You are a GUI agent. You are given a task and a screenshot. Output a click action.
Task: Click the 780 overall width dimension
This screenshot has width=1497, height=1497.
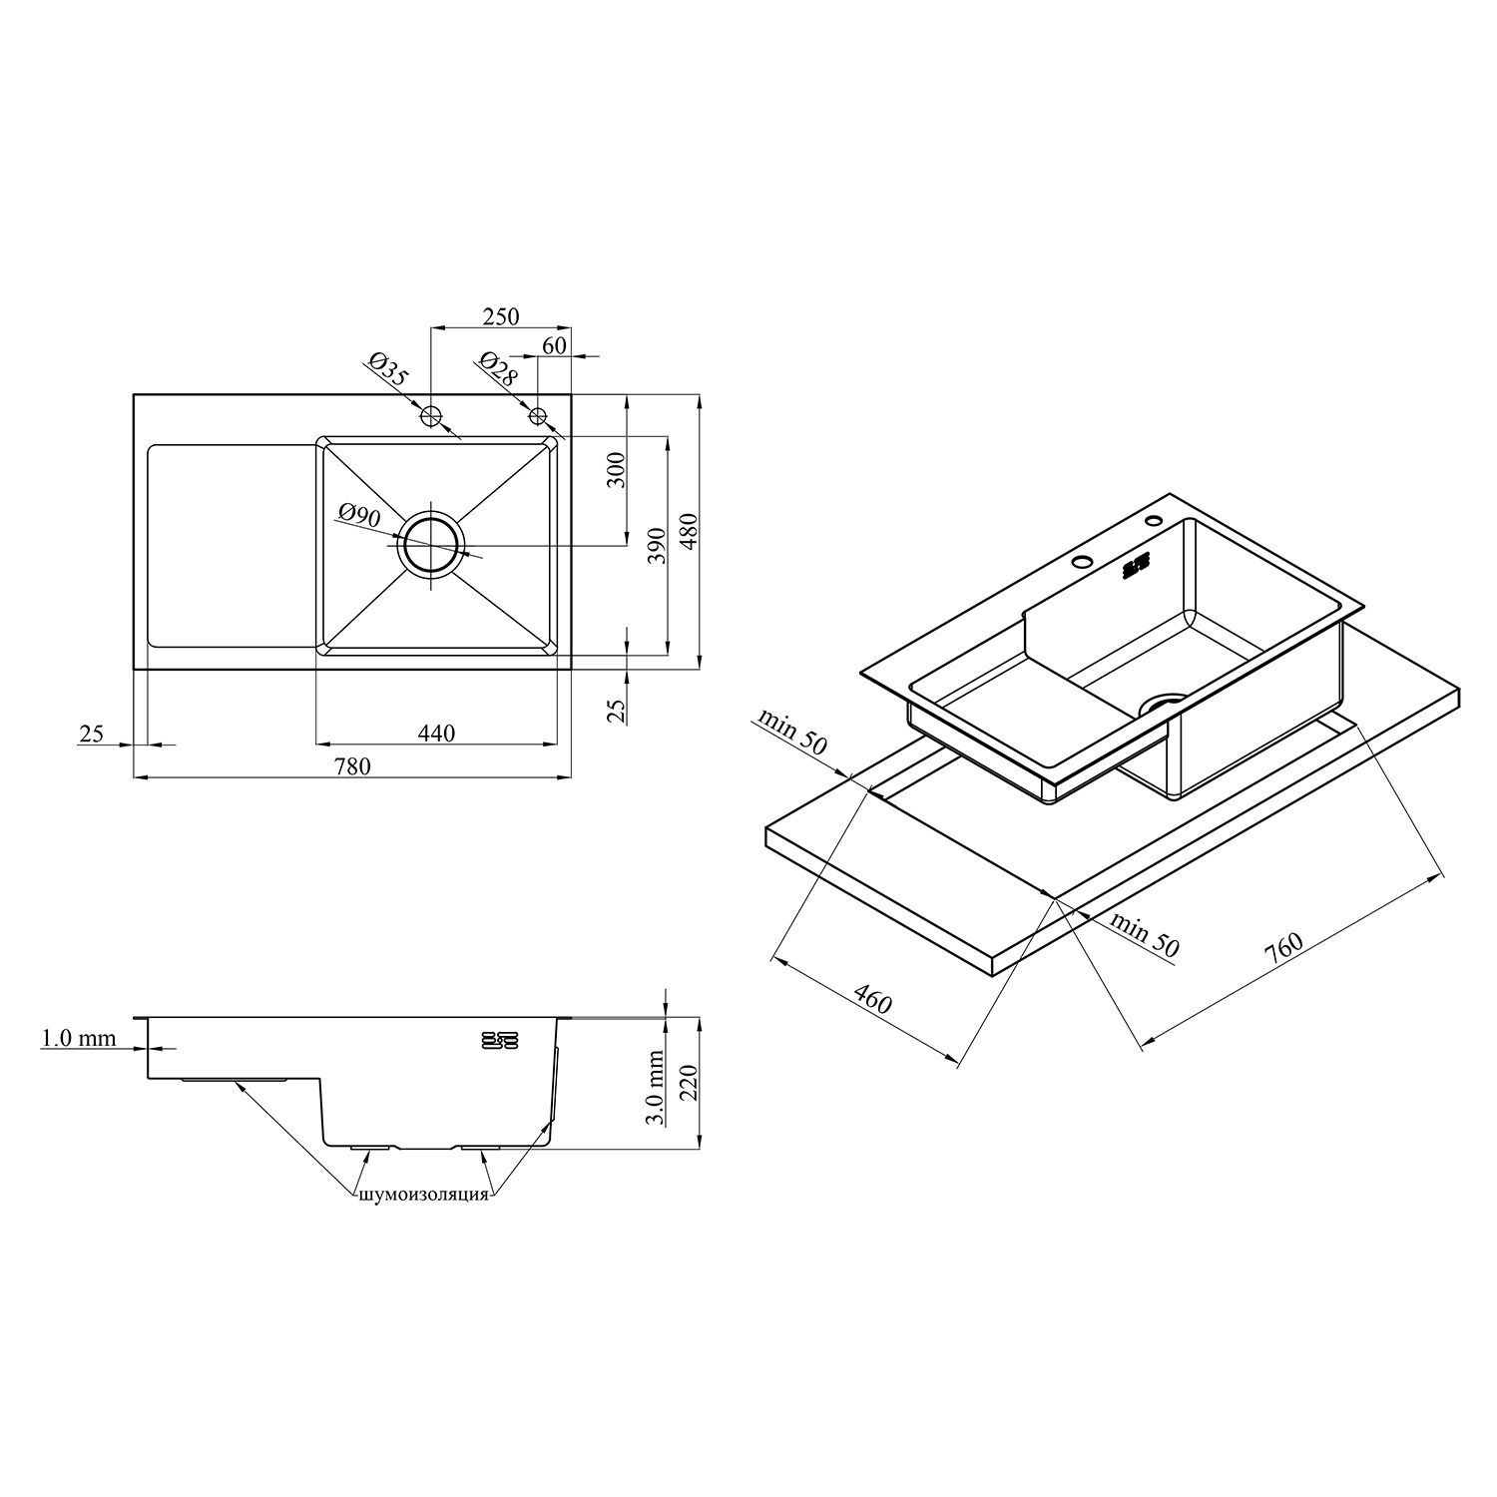tap(352, 766)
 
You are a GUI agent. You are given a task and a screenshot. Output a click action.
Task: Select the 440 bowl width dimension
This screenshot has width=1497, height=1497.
tap(436, 734)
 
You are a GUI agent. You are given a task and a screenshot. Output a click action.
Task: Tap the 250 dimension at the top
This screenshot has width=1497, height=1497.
tap(501, 316)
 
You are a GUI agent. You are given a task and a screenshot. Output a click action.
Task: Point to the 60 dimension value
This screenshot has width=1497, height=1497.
tap(555, 344)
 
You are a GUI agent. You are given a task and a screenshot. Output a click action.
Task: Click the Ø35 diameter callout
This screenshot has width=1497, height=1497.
tap(388, 369)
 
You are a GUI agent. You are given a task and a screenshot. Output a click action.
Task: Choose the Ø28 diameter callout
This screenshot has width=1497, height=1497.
tap(498, 369)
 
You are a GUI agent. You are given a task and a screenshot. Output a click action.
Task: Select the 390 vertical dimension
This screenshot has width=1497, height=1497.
tap(657, 547)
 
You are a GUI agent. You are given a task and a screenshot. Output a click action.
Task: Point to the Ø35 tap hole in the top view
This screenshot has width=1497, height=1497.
tap(431, 416)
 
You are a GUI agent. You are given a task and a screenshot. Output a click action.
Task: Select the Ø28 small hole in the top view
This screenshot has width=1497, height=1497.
tap(538, 415)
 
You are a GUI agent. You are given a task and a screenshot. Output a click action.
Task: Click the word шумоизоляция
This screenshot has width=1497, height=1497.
tap(422, 1195)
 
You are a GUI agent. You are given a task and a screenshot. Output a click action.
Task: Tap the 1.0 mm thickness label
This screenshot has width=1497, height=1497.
tap(78, 1039)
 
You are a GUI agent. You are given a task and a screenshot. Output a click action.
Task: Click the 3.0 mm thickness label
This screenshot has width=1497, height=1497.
tap(656, 1088)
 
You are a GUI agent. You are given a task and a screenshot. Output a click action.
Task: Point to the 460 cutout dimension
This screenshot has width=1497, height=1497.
tap(872, 998)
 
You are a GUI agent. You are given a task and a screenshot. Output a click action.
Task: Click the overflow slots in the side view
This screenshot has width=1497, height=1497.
tap(499, 1039)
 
